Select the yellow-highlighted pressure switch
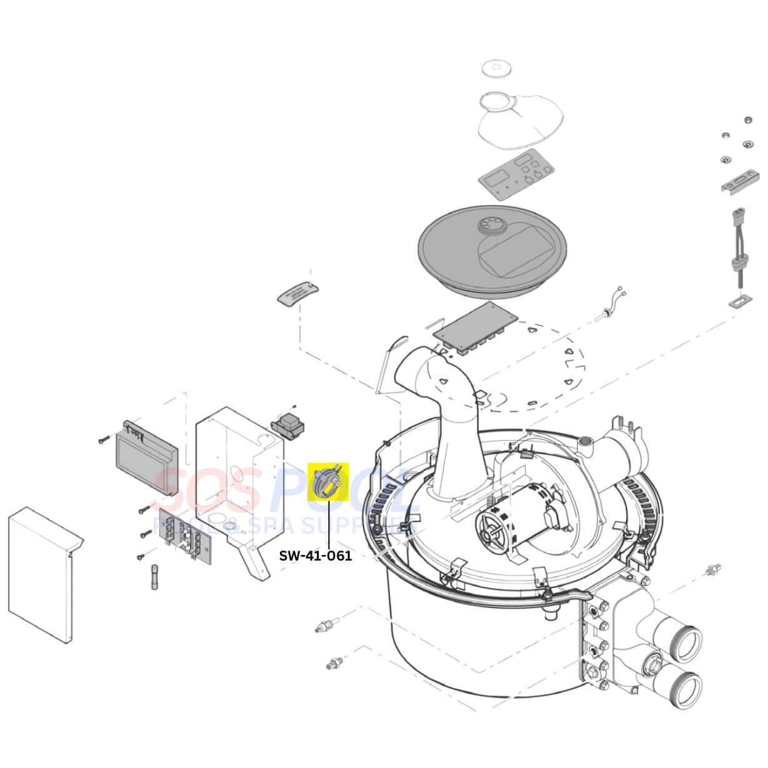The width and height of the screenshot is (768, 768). pos(328,482)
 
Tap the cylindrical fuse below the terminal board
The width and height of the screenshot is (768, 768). pos(155,576)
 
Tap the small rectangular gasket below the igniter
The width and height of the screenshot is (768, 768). pos(740,302)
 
